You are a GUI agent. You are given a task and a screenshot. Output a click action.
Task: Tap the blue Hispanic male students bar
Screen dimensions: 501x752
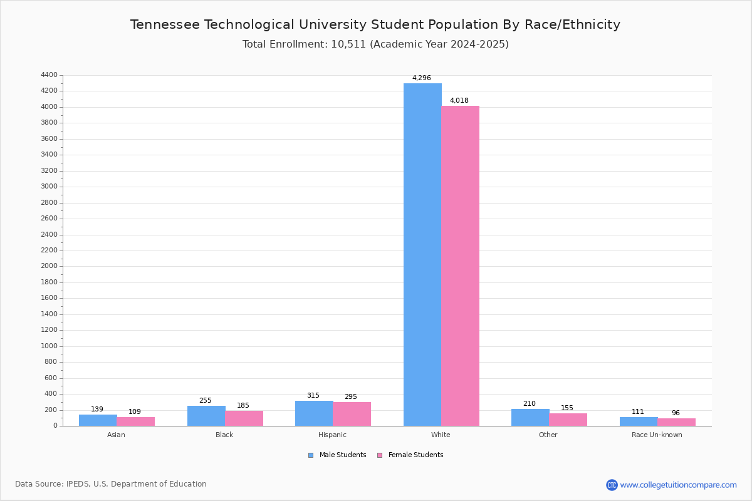tap(314, 413)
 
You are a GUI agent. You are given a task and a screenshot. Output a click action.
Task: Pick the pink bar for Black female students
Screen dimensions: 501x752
tap(244, 418)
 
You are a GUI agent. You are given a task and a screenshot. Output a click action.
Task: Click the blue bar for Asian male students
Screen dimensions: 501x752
tap(98, 420)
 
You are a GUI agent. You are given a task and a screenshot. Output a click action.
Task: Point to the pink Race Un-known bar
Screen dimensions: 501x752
tap(676, 422)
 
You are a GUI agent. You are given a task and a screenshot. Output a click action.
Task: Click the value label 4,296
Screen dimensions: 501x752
tap(421, 78)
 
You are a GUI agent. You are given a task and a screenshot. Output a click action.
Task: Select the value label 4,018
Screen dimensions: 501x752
tap(459, 101)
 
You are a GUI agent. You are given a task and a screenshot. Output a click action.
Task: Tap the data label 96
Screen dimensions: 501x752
tap(676, 413)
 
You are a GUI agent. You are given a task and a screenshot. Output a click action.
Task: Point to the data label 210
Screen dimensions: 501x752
tap(530, 404)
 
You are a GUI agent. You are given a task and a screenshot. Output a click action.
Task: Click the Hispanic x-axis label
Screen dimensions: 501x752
tap(332, 435)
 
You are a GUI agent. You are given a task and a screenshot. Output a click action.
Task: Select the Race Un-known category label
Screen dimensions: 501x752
tap(657, 435)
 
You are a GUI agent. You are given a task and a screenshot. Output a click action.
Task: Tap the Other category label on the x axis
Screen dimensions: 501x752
tap(548, 435)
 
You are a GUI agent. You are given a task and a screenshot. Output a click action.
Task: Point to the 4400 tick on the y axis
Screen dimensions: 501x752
tap(48, 75)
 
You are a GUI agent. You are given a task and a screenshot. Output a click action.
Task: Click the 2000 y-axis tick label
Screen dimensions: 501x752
tap(48, 266)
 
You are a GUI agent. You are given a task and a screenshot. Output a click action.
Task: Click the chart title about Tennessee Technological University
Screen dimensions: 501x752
tap(375, 25)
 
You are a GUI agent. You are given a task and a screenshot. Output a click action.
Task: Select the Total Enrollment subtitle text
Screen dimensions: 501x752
tap(375, 44)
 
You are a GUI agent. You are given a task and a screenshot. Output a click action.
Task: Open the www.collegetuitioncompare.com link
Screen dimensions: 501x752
tap(678, 485)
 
